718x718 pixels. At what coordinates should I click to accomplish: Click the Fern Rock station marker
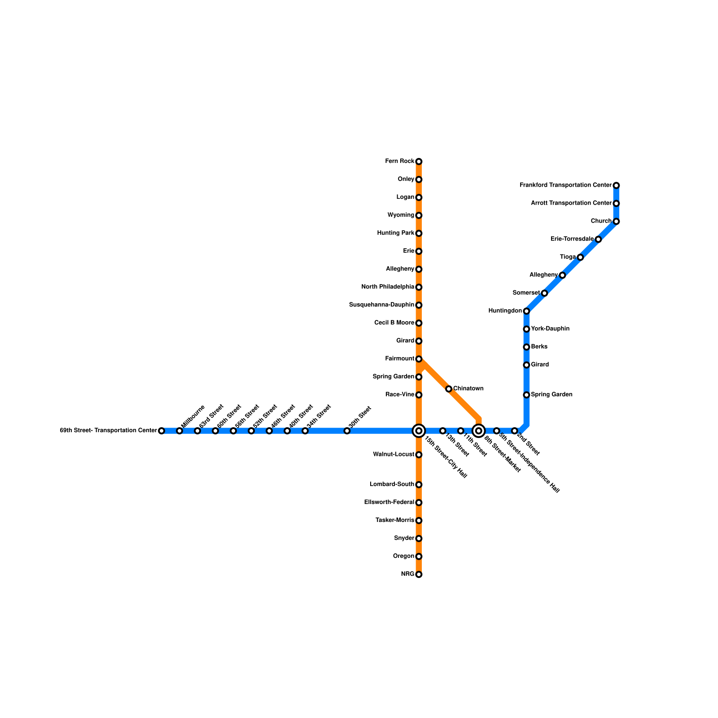pyautogui.click(x=419, y=162)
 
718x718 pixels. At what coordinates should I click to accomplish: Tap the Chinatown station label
pyautogui.click(x=468, y=389)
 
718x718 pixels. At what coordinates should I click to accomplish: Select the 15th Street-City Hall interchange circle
pyautogui.click(x=419, y=431)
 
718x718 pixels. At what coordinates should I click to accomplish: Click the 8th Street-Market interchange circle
pyautogui.click(x=479, y=431)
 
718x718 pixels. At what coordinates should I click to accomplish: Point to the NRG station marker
pyautogui.click(x=419, y=574)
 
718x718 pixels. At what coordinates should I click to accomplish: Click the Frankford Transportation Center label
pyautogui.click(x=565, y=185)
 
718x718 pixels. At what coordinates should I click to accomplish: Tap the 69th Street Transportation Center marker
pyautogui.click(x=162, y=431)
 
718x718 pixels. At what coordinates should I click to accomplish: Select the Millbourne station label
pyautogui.click(x=193, y=416)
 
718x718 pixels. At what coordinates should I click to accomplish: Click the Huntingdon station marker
pyautogui.click(x=526, y=311)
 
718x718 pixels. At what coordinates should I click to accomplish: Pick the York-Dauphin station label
pyautogui.click(x=550, y=329)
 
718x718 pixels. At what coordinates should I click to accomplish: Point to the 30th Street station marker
pyautogui.click(x=347, y=431)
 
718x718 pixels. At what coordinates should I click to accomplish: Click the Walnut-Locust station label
pyautogui.click(x=394, y=455)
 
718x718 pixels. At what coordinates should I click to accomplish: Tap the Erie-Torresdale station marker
pyautogui.click(x=598, y=239)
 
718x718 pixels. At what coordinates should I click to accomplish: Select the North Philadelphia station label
pyautogui.click(x=388, y=287)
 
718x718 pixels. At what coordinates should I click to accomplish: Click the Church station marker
pyautogui.click(x=616, y=221)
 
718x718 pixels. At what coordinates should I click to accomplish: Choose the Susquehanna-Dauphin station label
pyautogui.click(x=381, y=305)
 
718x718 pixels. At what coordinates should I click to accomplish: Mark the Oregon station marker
pyautogui.click(x=419, y=556)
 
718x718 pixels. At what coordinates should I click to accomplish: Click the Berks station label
pyautogui.click(x=539, y=347)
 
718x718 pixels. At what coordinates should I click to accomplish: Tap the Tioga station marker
pyautogui.click(x=580, y=257)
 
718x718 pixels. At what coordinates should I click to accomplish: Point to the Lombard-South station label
pyautogui.click(x=392, y=485)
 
